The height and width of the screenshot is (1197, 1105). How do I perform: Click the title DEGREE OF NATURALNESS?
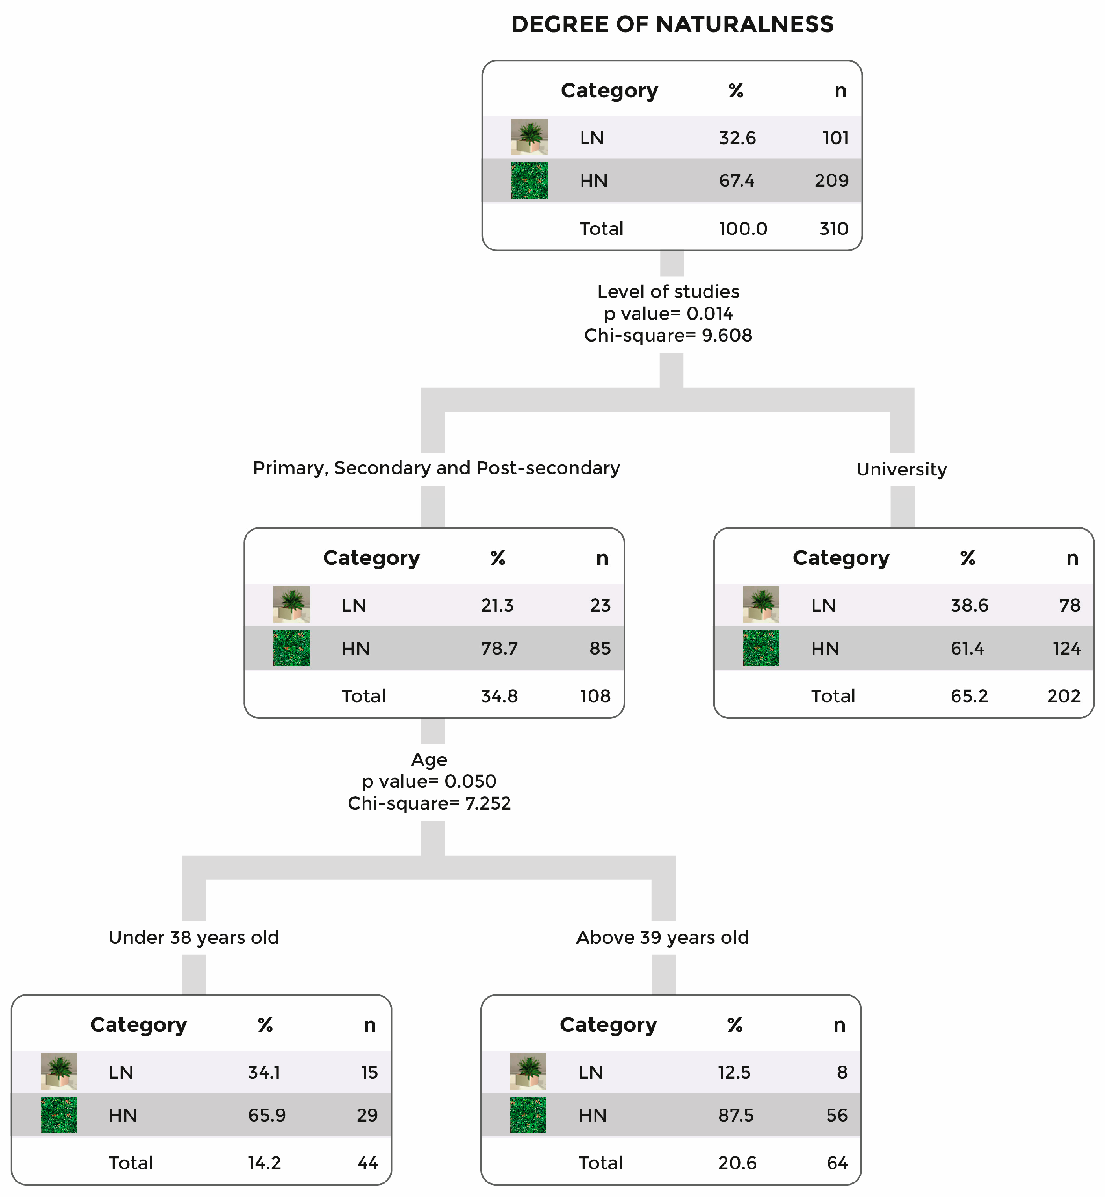tap(672, 24)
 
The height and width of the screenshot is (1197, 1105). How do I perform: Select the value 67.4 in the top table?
tap(737, 181)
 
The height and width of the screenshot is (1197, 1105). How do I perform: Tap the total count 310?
tap(834, 228)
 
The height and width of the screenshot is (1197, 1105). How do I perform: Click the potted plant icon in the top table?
tap(529, 138)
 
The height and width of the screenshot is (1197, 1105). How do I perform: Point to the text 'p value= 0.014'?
tap(668, 314)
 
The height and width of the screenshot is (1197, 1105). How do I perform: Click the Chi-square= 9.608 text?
tap(668, 336)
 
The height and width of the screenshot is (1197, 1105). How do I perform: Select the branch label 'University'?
tap(901, 470)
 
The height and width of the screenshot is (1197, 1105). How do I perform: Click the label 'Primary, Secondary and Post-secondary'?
tap(436, 468)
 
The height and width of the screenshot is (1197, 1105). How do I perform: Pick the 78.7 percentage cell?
tap(499, 649)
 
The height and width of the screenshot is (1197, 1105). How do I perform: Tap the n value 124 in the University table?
tap(1066, 649)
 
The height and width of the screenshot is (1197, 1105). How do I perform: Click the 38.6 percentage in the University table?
tap(969, 606)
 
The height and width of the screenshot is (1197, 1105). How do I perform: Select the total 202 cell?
tap(1064, 696)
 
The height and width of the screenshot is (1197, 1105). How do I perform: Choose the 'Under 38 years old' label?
tap(194, 937)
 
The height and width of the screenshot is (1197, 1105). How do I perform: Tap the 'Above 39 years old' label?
tap(662, 937)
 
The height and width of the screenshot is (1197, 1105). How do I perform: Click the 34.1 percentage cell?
tap(264, 1073)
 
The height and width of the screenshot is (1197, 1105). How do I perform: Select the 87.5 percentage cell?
tap(735, 1116)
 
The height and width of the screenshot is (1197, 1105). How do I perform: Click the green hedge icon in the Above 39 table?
tap(528, 1116)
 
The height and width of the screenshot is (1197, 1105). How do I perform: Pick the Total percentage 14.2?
tap(264, 1163)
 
